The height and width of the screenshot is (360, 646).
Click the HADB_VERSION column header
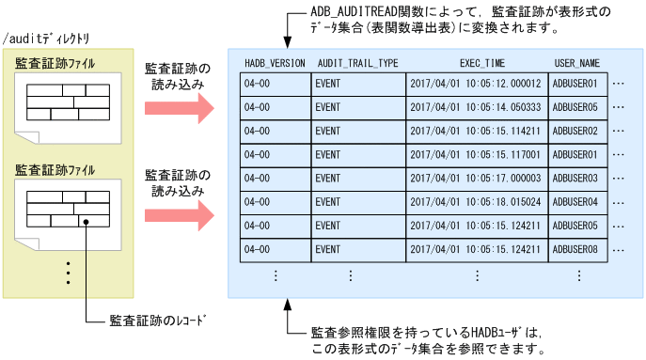pyautogui.click(x=274, y=63)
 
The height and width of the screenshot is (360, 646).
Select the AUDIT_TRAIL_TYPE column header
pyautogui.click(x=357, y=63)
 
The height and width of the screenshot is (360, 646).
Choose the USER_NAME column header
pyautogui.click(x=576, y=63)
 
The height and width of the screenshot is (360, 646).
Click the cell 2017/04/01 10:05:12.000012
pyautogui.click(x=476, y=85)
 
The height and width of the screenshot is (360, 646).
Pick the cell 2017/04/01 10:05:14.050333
pyautogui.click(x=476, y=108)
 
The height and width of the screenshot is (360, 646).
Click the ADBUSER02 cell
pyautogui.click(x=576, y=132)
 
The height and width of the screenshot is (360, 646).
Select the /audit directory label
pyautogui.click(x=47, y=39)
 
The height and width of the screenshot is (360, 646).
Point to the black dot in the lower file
pyautogui.click(x=86, y=223)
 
